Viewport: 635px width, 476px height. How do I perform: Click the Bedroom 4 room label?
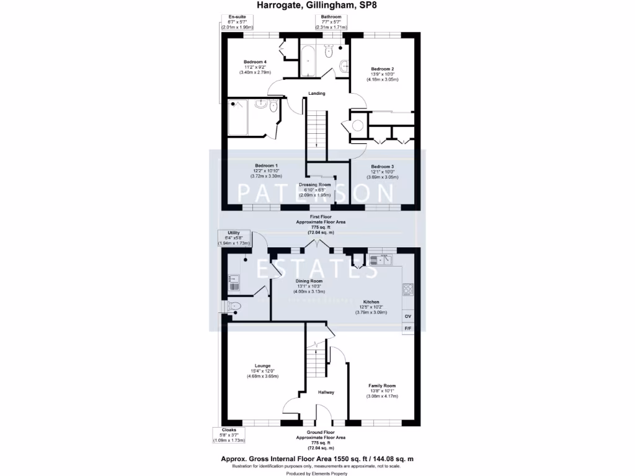255,62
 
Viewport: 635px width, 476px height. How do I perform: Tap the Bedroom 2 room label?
383,69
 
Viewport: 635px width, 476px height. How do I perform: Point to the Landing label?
317,94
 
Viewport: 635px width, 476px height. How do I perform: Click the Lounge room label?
262,366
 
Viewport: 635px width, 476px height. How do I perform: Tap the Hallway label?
326,392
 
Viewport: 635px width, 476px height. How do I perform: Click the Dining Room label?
308,281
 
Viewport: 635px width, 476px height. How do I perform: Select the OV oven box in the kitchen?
407,317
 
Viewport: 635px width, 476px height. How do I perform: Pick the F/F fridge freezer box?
407,329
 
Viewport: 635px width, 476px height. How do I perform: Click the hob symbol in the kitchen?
408,289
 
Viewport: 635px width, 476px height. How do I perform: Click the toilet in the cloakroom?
234,306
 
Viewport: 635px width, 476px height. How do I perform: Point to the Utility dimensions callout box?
234,238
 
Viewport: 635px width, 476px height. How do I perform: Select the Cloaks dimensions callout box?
229,434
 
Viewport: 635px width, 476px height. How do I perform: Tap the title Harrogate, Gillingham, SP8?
317,6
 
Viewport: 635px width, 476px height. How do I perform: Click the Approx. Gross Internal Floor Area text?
317,459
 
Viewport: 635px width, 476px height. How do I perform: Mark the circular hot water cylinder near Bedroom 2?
358,126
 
